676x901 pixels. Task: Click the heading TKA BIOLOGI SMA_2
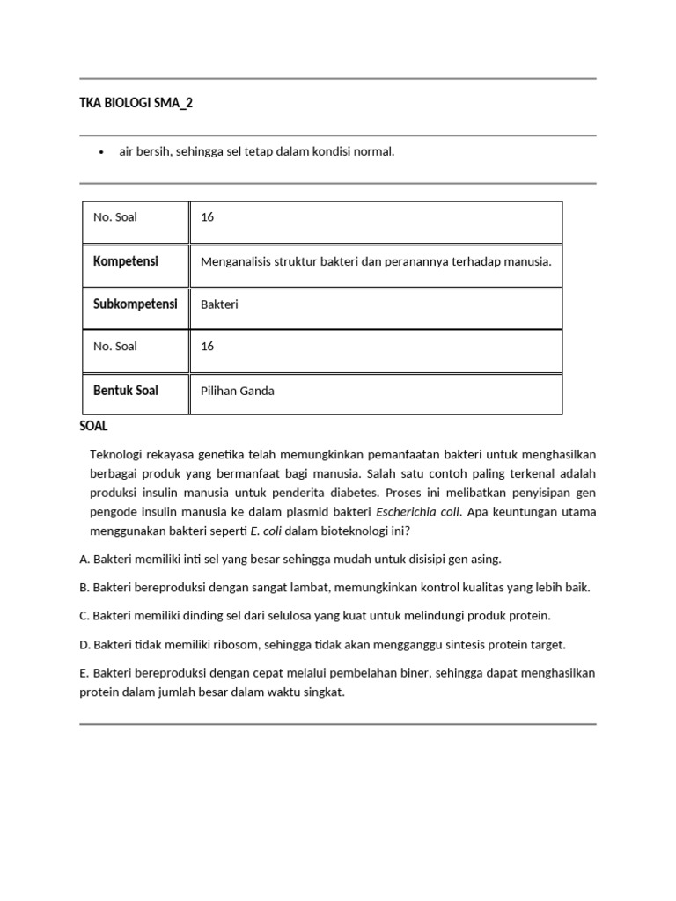pos(136,103)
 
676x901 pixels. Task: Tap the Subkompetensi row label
pos(135,304)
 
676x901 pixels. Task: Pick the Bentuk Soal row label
pos(126,390)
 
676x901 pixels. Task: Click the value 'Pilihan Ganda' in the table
pos(238,391)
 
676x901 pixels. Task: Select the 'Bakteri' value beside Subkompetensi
pos(220,304)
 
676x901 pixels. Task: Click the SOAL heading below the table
pos(93,426)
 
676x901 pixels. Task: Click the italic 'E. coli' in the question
pos(260,530)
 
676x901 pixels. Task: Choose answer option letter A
pos(84,559)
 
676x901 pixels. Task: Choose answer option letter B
pos(84,587)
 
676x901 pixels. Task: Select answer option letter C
pos(84,615)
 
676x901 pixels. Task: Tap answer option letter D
pos(84,644)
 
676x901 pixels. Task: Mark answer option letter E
pos(84,673)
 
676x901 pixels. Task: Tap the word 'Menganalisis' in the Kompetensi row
pos(235,261)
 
